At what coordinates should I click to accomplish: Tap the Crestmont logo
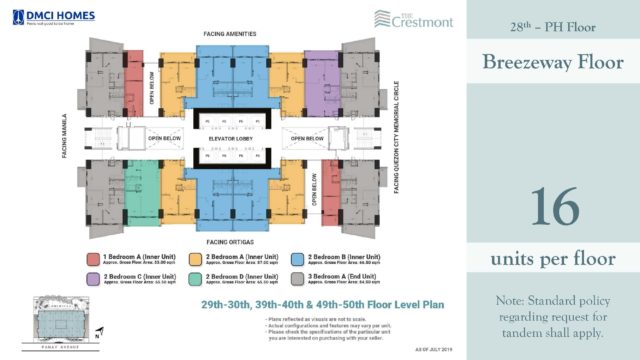pos(404,18)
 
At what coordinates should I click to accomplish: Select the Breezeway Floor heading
pos(553,63)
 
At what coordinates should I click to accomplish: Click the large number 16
pos(553,207)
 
